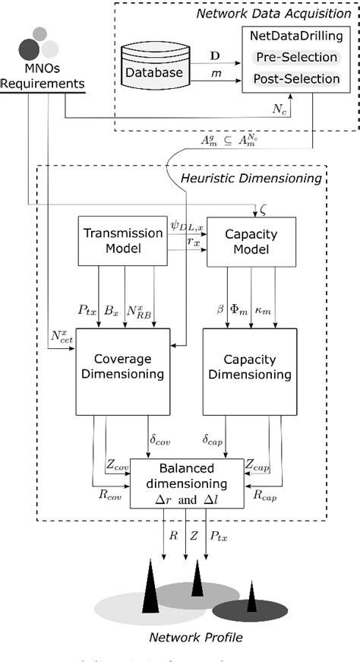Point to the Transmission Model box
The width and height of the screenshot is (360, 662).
(122, 241)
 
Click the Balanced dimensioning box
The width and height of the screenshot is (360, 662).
(186, 483)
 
